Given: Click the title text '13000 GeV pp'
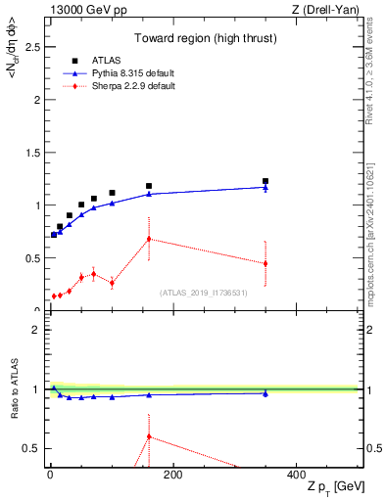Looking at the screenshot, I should (x=84, y=10).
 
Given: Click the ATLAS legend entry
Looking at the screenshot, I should (x=108, y=61).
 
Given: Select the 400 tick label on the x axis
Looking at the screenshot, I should (x=296, y=476).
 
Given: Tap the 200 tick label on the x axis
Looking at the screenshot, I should (x=172, y=476).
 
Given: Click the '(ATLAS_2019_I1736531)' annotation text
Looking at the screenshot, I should (x=204, y=293).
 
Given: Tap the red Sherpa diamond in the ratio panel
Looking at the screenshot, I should (x=149, y=436).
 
